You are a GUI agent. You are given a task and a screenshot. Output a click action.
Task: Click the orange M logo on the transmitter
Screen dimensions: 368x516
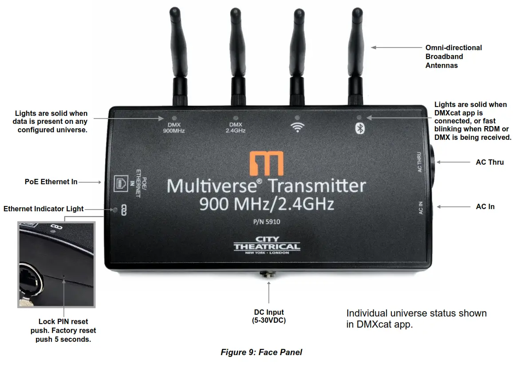pyautogui.click(x=266, y=163)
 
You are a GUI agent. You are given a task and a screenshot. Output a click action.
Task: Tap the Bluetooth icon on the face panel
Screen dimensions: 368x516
pyautogui.click(x=361, y=128)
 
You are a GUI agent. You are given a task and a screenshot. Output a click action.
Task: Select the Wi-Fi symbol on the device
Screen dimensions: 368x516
pyautogui.click(x=297, y=127)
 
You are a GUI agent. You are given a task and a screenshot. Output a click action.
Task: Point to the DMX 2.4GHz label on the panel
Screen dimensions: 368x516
pyautogui.click(x=235, y=127)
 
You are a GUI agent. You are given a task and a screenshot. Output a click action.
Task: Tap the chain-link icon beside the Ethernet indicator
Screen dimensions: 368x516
pyautogui.click(x=124, y=210)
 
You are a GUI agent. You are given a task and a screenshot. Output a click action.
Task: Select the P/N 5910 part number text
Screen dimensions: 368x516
pyautogui.click(x=266, y=222)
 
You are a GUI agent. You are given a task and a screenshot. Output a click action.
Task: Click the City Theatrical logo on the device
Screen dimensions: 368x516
pyautogui.click(x=267, y=245)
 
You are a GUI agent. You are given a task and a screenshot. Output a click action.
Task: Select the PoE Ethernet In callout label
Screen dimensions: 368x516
pyautogui.click(x=51, y=182)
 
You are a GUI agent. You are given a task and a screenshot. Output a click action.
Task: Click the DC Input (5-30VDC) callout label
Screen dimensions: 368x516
pyautogui.click(x=269, y=316)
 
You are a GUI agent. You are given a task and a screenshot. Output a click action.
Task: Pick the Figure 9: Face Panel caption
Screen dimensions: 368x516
pyautogui.click(x=261, y=352)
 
